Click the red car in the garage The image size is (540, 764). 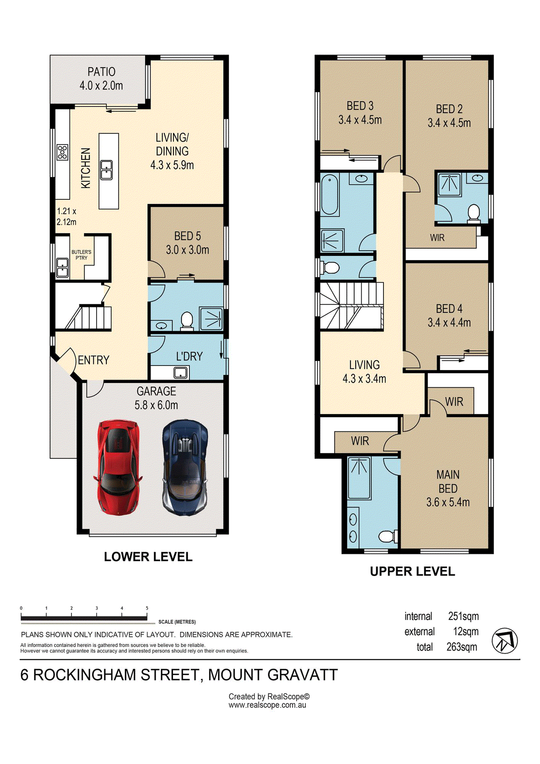click(x=118, y=467)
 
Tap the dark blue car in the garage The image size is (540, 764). click(x=185, y=467)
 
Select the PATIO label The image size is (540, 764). click(x=101, y=72)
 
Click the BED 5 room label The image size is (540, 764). click(x=188, y=236)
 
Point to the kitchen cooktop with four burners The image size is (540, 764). click(x=62, y=152)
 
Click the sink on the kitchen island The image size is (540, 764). click(x=106, y=170)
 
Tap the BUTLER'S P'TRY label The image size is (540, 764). click(x=81, y=255)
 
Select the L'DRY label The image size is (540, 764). click(x=189, y=357)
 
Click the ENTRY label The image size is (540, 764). click(x=94, y=360)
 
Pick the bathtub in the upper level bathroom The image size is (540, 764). click(x=330, y=195)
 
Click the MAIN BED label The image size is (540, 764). click(x=448, y=482)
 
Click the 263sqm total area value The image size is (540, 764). click(x=462, y=647)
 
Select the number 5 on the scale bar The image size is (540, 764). click(x=147, y=608)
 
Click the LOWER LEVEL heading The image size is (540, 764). click(x=148, y=557)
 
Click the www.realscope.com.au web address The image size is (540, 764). click(x=267, y=705)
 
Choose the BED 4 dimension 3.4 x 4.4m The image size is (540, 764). click(x=449, y=323)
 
